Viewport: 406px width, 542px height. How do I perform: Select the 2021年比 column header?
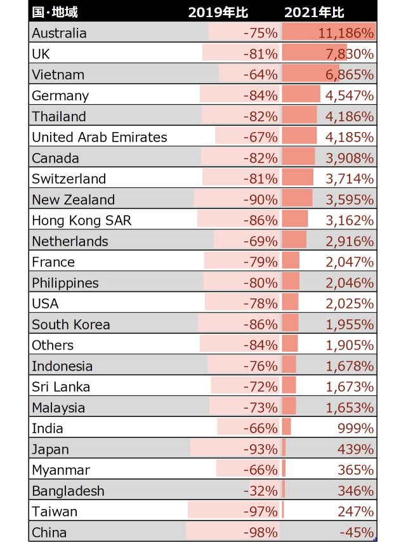point(323,12)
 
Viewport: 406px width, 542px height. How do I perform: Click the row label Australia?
point(59,33)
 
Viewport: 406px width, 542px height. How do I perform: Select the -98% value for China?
point(261,532)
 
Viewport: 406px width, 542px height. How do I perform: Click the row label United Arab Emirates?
point(100,137)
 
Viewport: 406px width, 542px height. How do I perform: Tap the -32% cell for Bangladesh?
point(261,491)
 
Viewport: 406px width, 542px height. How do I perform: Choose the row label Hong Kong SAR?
point(82,220)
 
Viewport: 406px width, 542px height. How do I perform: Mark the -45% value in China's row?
point(357,532)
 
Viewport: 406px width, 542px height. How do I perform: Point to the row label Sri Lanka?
point(61,387)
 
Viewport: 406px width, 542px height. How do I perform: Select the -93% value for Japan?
point(261,449)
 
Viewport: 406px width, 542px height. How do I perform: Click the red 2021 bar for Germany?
point(301,95)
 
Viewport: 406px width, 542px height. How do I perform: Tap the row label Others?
point(53,345)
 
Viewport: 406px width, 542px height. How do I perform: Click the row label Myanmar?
point(61,470)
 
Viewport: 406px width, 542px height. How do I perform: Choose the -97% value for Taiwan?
point(261,512)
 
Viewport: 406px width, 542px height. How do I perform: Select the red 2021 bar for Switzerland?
point(298,178)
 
